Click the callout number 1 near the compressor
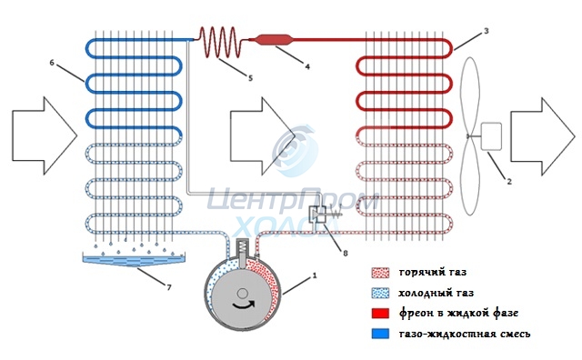pyautogui.click(x=315, y=275)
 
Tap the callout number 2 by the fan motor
pyautogui.click(x=509, y=182)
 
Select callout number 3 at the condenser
pyautogui.click(x=487, y=31)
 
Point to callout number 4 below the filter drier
pyautogui.click(x=307, y=66)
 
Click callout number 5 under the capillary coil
pyautogui.click(x=250, y=78)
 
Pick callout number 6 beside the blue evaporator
pyautogui.click(x=52, y=63)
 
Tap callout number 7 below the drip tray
pyautogui.click(x=169, y=287)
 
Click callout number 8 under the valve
pyautogui.click(x=346, y=253)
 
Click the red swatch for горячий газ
pyautogui.click(x=380, y=273)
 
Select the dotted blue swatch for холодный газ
pyautogui.click(x=380, y=294)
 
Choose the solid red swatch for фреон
pyautogui.click(x=380, y=314)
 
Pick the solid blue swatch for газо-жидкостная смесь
pyautogui.click(x=380, y=334)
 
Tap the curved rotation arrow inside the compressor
pyautogui.click(x=244, y=305)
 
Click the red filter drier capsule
pyautogui.click(x=275, y=40)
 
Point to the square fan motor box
pyautogui.click(x=491, y=136)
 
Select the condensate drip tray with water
pyautogui.click(x=134, y=259)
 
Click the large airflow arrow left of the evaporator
pyautogui.click(x=45, y=135)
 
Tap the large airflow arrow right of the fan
pyautogui.click(x=543, y=136)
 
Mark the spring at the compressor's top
pyautogui.click(x=242, y=246)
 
